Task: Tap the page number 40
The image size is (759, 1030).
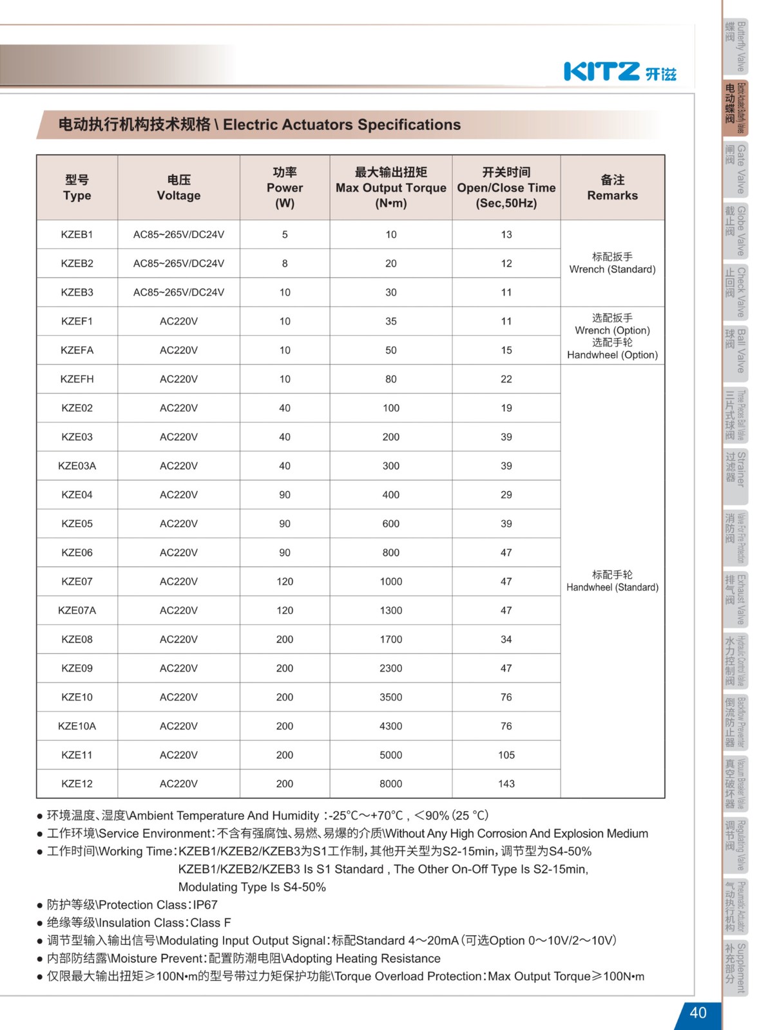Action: [x=698, y=1013]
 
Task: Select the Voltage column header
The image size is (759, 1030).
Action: [x=178, y=187]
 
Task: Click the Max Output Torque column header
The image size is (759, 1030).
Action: [x=390, y=187]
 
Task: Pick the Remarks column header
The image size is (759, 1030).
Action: [x=612, y=187]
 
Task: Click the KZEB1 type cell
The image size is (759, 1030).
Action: [x=77, y=234]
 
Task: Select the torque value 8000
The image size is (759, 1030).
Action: [x=390, y=783]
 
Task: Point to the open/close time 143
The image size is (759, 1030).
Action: [x=506, y=783]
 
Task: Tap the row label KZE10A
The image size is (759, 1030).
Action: [x=77, y=726]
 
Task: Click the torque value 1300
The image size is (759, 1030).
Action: [x=390, y=610]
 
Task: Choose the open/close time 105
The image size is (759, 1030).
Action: [x=506, y=754]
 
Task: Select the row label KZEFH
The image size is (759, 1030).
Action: [x=77, y=379]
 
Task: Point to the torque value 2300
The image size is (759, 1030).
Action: [x=390, y=668]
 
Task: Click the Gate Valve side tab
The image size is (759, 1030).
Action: [x=735, y=169]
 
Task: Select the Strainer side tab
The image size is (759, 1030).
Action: [x=735, y=476]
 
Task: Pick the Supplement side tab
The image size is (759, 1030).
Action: [x=735, y=968]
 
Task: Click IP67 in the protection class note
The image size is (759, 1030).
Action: [x=205, y=904]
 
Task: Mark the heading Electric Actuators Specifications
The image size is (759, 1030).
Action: [x=341, y=125]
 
